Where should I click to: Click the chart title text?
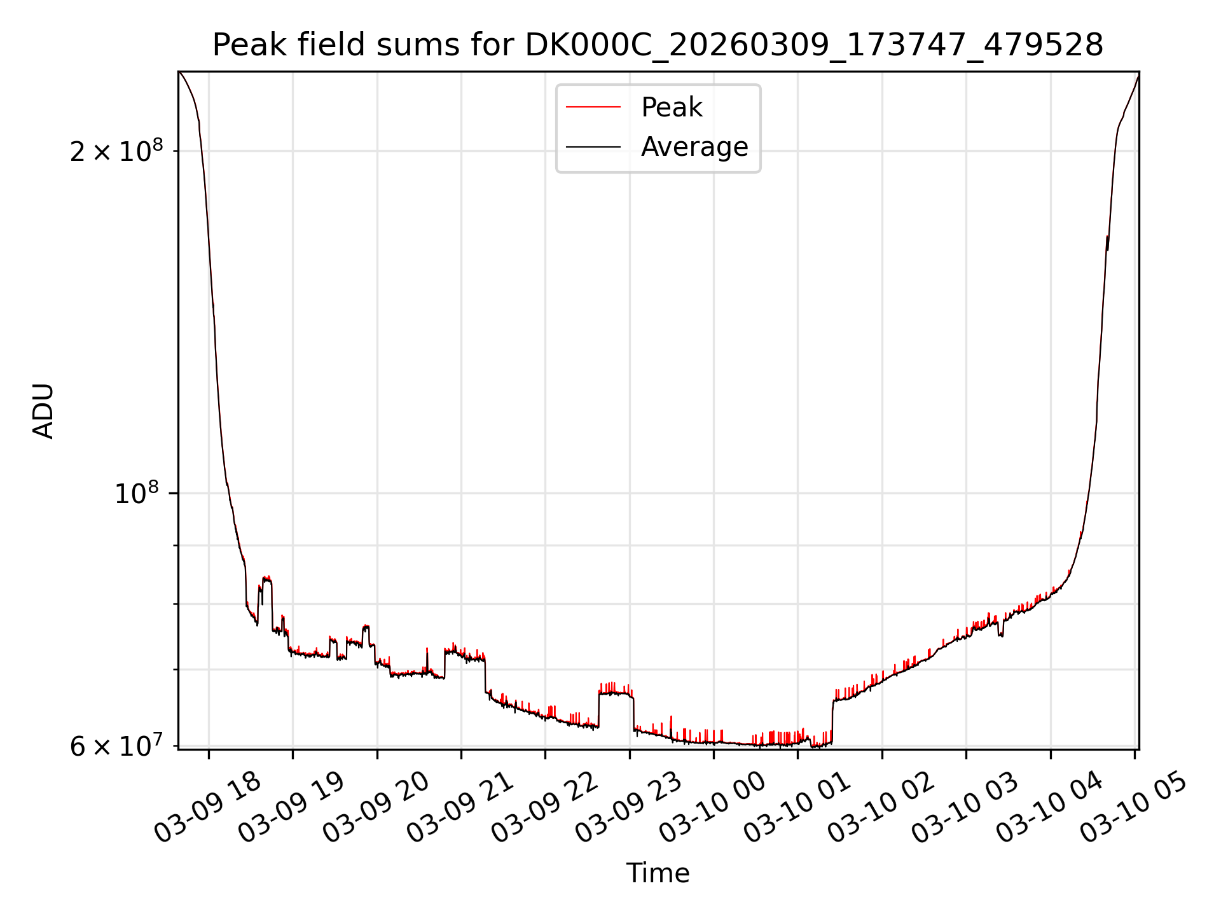point(658,45)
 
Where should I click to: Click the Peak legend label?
point(672,108)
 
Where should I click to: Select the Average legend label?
point(694,147)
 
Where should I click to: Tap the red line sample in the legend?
point(593,108)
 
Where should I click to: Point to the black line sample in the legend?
point(593,147)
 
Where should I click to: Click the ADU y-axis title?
point(43,411)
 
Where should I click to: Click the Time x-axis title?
point(658,873)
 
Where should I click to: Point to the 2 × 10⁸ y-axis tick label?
point(116,151)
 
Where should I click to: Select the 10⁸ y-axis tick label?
point(135,494)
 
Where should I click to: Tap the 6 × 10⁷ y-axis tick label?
point(116,746)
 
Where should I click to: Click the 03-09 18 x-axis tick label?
point(207,808)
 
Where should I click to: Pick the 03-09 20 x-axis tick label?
point(376,808)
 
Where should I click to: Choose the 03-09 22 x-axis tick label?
point(544,808)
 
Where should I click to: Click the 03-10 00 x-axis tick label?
point(712,808)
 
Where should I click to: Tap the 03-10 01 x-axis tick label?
point(797,808)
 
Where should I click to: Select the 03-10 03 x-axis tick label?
point(965,808)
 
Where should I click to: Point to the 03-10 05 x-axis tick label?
point(1133,808)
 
